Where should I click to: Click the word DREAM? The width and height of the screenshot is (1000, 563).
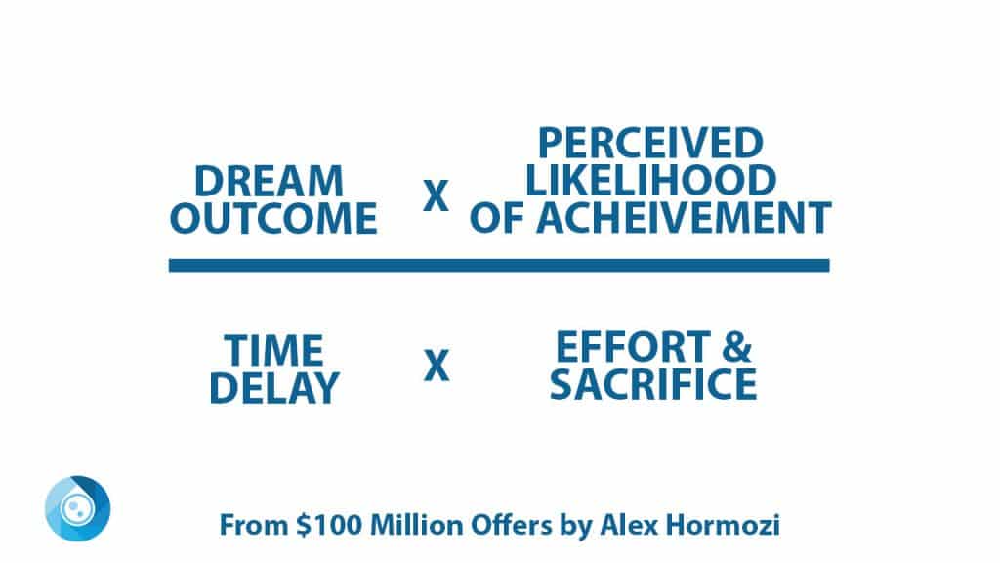pyautogui.click(x=269, y=181)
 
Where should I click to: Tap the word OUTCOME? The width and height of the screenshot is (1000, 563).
pyautogui.click(x=273, y=218)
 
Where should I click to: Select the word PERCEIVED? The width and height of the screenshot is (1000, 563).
pyautogui.click(x=650, y=143)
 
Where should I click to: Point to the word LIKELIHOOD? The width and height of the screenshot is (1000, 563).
pyautogui.click(x=650, y=180)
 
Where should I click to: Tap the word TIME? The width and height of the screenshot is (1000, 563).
pyautogui.click(x=273, y=351)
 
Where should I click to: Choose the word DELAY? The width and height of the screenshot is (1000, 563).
pyautogui.click(x=274, y=387)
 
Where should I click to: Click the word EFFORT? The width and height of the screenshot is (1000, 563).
pyautogui.click(x=633, y=347)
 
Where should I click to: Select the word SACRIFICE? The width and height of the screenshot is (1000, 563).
pyautogui.click(x=653, y=383)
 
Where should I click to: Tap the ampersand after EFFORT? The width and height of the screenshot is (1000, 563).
pyautogui.click(x=737, y=347)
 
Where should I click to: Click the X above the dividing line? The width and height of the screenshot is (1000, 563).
pyautogui.click(x=437, y=195)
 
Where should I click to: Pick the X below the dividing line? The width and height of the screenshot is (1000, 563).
pyautogui.click(x=437, y=366)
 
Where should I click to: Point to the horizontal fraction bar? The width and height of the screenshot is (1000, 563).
pyautogui.click(x=499, y=266)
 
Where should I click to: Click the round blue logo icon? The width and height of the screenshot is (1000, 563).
pyautogui.click(x=78, y=508)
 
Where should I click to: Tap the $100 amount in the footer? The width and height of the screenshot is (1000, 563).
pyautogui.click(x=330, y=525)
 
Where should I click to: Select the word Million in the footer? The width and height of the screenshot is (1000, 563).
pyautogui.click(x=417, y=525)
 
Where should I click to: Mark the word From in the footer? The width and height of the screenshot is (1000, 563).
pyautogui.click(x=254, y=525)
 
